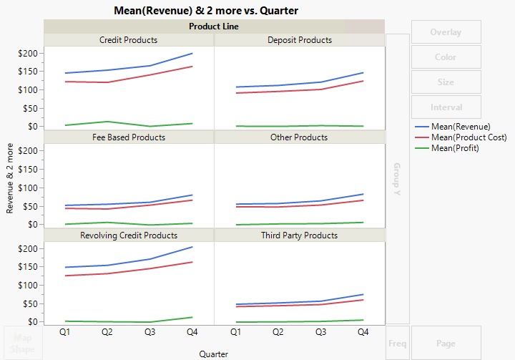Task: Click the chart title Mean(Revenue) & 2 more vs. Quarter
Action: (206, 11)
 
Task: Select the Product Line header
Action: (214, 26)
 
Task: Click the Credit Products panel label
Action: (128, 40)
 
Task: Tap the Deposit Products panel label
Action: (300, 40)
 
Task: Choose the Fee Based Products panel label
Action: (128, 137)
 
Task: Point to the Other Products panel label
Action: (300, 137)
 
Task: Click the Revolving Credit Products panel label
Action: (128, 235)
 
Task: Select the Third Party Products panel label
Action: (300, 235)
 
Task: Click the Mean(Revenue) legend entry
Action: (461, 127)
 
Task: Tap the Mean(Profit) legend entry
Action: (455, 148)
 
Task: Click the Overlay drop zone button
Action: (446, 32)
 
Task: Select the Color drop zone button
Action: (446, 57)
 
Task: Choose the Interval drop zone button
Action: (446, 107)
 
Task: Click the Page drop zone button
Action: (446, 344)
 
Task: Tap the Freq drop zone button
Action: (397, 344)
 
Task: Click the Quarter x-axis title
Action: (214, 354)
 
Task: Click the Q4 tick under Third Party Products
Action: (363, 332)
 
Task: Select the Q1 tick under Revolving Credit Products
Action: (65, 332)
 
